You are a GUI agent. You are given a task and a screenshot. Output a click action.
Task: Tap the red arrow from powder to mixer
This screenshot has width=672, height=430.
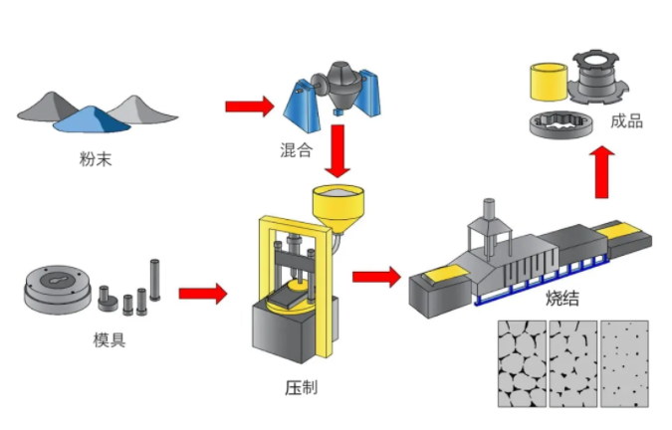248,107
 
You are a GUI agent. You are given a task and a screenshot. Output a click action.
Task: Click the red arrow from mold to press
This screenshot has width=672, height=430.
202,294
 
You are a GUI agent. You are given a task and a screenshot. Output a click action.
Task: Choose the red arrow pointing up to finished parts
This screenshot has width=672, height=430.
605,171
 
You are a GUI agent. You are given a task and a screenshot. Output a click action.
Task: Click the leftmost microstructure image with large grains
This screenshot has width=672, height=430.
521,363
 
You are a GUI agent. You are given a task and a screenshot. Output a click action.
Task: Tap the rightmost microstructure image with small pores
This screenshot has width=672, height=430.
624,363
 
